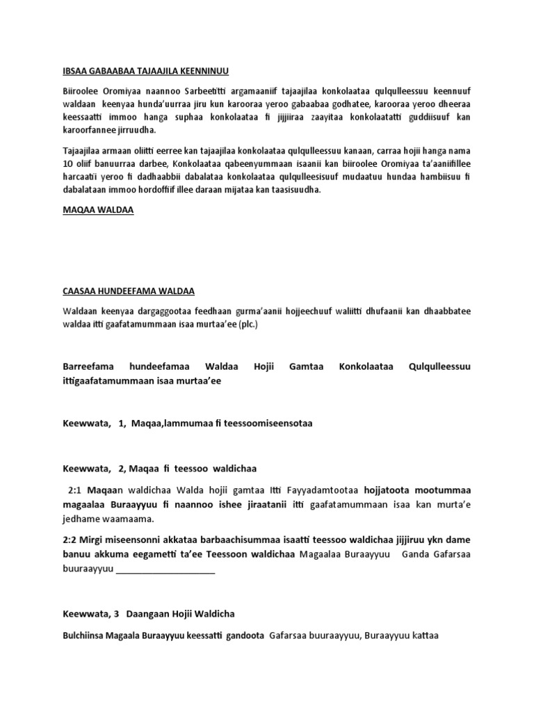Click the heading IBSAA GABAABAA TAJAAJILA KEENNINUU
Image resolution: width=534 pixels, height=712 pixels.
click(x=146, y=71)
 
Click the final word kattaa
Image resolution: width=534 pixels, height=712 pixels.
click(x=425, y=635)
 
